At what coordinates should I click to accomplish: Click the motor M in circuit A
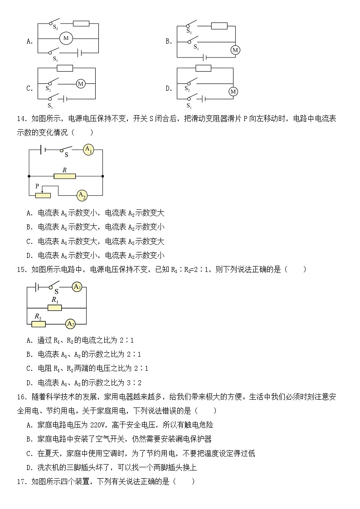click(66, 39)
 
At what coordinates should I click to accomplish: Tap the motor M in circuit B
click(235, 50)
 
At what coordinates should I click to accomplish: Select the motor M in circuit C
click(81, 83)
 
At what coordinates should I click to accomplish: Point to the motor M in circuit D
click(233, 92)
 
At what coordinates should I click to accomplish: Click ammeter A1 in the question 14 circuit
click(88, 150)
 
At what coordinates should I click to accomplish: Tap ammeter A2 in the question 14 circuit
click(82, 195)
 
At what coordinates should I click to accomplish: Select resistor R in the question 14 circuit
click(64, 176)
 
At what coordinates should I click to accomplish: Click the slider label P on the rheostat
click(38, 186)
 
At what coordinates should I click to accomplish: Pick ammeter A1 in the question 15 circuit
click(77, 286)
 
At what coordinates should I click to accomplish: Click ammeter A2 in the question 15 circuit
click(70, 324)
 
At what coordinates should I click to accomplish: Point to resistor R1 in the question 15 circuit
click(55, 308)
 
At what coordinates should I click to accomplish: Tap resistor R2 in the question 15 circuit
click(39, 324)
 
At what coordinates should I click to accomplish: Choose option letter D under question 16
click(29, 467)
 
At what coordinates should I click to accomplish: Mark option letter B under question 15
click(29, 354)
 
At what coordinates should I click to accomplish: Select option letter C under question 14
click(29, 242)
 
